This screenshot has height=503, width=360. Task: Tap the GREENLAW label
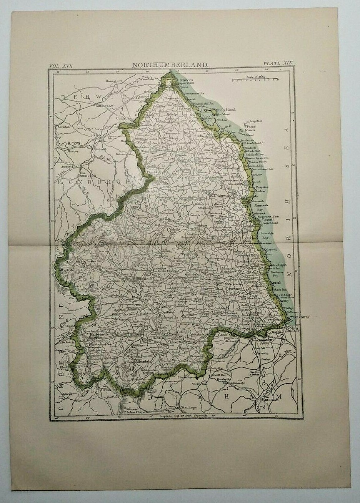click(103, 105)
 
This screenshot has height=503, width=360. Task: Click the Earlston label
click(63, 126)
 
